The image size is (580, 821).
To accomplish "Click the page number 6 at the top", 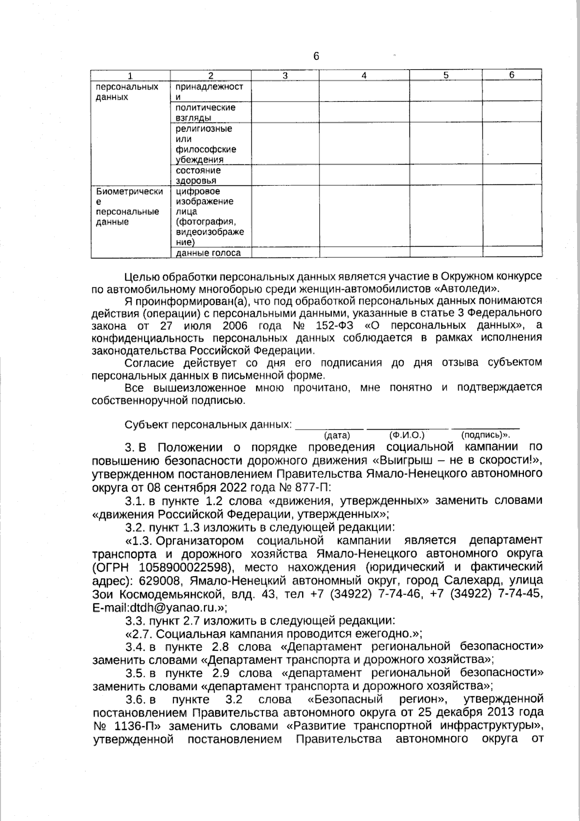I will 316,57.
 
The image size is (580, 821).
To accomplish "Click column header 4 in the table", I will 364,75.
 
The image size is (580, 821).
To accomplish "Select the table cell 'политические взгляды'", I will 205,112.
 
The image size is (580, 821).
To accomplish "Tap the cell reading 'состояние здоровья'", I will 198,175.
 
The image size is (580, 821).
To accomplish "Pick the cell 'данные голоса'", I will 208,253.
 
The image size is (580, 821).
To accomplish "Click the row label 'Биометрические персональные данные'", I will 129,207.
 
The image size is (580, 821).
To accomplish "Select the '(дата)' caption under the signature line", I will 337,435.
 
